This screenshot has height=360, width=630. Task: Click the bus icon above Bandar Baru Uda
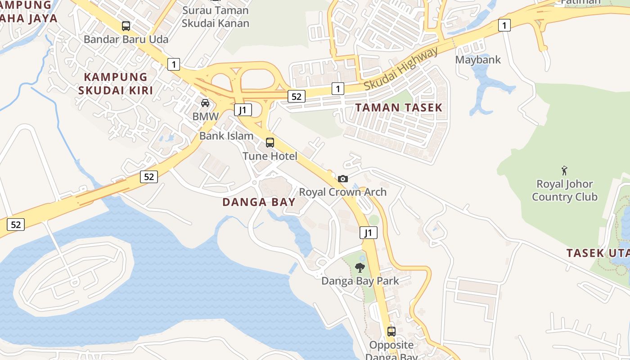126,26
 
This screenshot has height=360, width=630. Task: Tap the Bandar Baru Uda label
126,39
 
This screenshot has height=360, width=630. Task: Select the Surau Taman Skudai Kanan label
216,17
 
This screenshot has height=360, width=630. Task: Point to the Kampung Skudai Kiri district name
116,84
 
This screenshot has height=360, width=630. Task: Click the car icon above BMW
205,103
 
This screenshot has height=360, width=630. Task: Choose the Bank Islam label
226,135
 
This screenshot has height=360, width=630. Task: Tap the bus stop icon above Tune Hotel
270,143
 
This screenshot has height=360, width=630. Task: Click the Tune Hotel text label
270,156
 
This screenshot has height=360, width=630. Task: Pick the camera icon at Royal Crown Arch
343,179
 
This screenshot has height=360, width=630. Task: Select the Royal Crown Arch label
343,192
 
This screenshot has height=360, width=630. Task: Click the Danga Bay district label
259,202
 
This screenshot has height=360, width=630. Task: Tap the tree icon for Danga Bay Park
360,268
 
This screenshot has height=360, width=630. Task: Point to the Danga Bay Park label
360,281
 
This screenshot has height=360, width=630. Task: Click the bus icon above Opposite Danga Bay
391,332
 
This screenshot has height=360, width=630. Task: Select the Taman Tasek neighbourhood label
399,108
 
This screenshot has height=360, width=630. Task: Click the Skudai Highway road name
400,68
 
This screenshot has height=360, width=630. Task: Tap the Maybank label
478,59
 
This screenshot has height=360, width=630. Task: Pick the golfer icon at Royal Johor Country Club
564,171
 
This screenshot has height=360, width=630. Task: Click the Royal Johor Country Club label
564,190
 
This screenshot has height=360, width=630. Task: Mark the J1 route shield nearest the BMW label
243,110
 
